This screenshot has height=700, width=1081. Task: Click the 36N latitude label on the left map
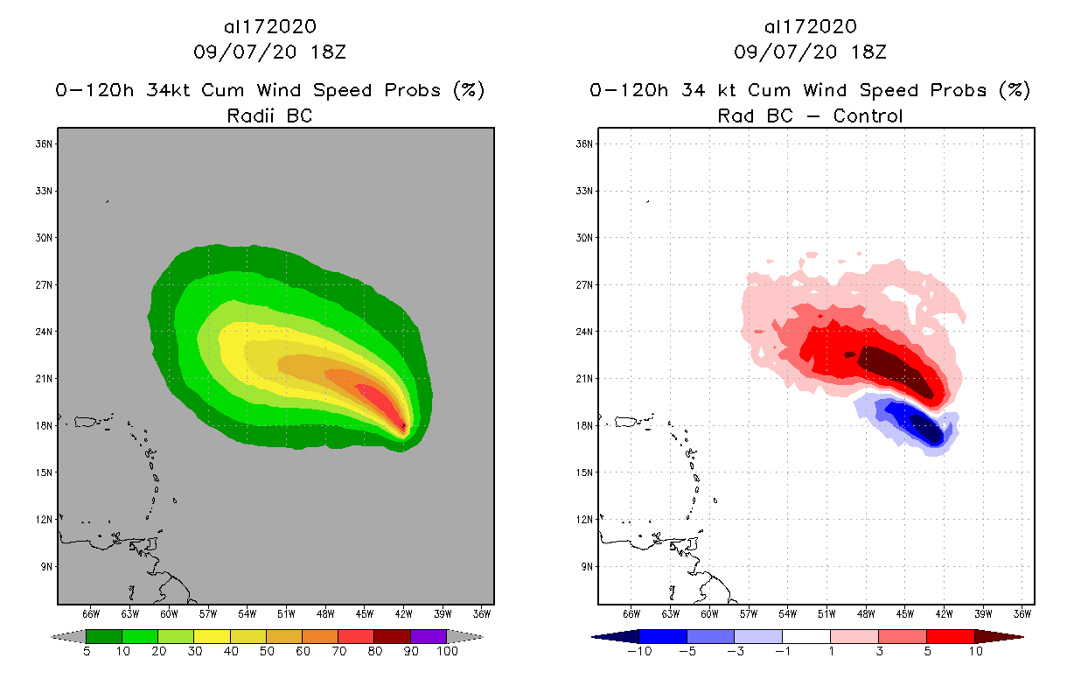[x=43, y=143]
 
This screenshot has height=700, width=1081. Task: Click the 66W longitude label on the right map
[x=631, y=613]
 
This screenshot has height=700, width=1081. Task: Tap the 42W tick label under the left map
[x=403, y=613]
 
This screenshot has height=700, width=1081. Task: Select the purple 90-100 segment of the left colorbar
[x=429, y=636]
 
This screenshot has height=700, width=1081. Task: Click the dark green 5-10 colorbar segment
[x=104, y=636]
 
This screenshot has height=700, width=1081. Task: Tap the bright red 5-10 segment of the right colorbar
[x=950, y=636]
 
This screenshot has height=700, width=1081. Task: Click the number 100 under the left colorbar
[x=446, y=653]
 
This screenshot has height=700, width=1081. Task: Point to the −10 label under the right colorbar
[x=638, y=653]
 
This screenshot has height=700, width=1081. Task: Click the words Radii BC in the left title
[x=269, y=115]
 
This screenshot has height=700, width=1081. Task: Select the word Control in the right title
[x=868, y=115]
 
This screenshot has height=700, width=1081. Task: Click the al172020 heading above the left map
[x=269, y=26]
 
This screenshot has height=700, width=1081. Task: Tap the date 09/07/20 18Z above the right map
[x=810, y=52]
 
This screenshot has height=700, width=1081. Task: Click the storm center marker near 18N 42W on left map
[x=403, y=425]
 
